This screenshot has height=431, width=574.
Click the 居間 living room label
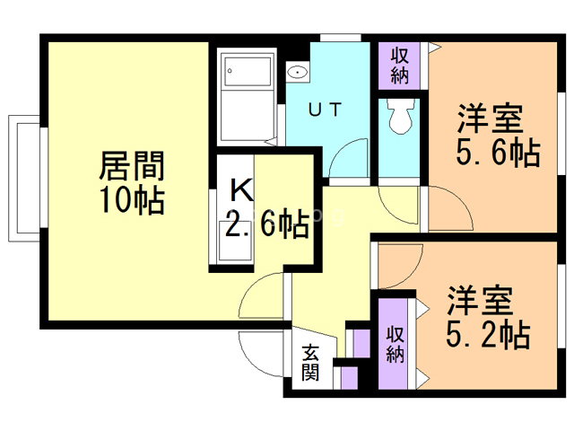tap(132, 166)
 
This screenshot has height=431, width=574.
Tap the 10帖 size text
tap(132, 200)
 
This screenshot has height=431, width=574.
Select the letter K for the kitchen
tap(241, 189)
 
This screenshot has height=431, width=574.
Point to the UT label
tap(325, 110)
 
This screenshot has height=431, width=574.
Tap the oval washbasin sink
tap(298, 72)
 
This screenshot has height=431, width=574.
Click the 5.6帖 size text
tap(498, 153)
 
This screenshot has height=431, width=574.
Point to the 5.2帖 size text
tap(488, 334)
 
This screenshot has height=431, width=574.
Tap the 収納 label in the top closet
tap(399, 66)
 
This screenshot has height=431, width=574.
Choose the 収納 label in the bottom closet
tap(396, 344)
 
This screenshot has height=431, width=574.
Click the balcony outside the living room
tap(24, 179)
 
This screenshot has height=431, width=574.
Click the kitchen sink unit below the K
tap(235, 242)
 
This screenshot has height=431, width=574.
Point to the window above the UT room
tap(341, 38)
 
